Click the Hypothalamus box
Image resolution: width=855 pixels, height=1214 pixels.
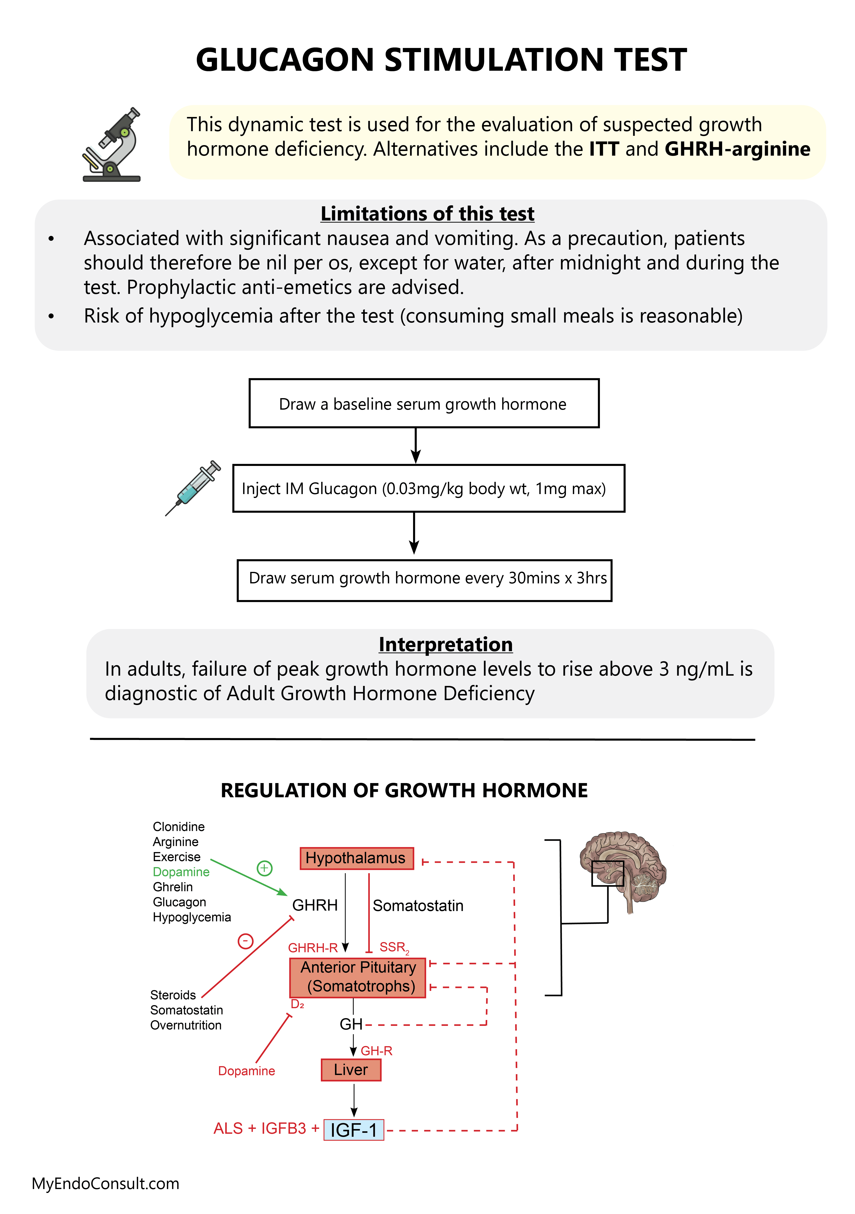pos(356,858)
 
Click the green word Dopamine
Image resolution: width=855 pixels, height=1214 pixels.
pos(181,872)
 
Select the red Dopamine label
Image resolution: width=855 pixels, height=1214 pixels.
pos(246,1071)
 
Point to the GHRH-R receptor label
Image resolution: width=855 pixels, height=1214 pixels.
pos(312,948)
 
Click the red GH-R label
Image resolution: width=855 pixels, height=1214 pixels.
pos(376,1051)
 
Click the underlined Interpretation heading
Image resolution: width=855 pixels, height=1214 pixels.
pos(445,644)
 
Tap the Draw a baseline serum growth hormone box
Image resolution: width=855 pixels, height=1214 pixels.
pos(424,404)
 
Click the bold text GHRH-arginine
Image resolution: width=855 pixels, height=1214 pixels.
pos(737,149)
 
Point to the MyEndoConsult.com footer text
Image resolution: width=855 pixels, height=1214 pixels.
pos(106,1183)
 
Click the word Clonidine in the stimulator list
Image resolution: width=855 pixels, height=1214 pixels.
pos(179,826)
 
